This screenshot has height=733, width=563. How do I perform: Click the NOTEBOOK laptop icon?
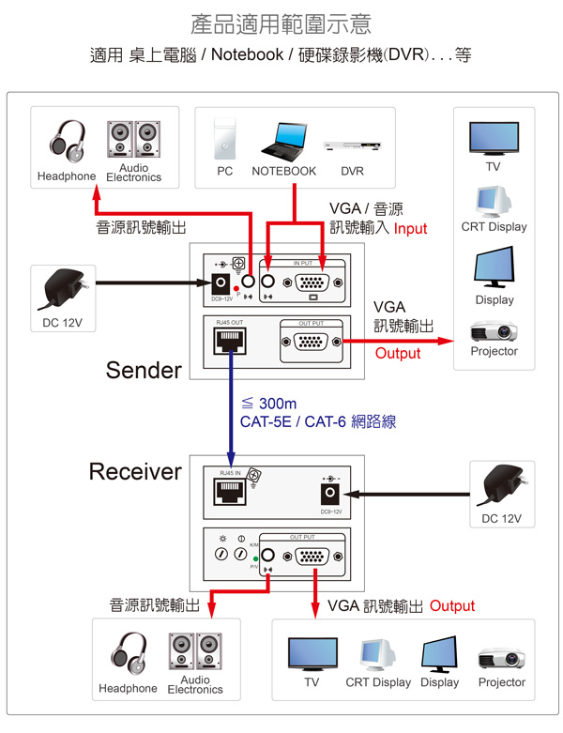283,140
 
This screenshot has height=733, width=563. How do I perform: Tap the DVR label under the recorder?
352,172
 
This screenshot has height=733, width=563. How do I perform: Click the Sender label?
144,370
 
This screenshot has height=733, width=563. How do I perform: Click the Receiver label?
135,471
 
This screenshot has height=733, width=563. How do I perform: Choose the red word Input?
410,228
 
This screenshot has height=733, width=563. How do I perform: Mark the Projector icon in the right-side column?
494,331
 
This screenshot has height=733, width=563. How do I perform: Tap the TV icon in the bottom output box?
312,653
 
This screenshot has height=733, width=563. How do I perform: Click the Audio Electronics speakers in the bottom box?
195,653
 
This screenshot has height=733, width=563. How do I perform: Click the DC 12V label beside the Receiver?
501,518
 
